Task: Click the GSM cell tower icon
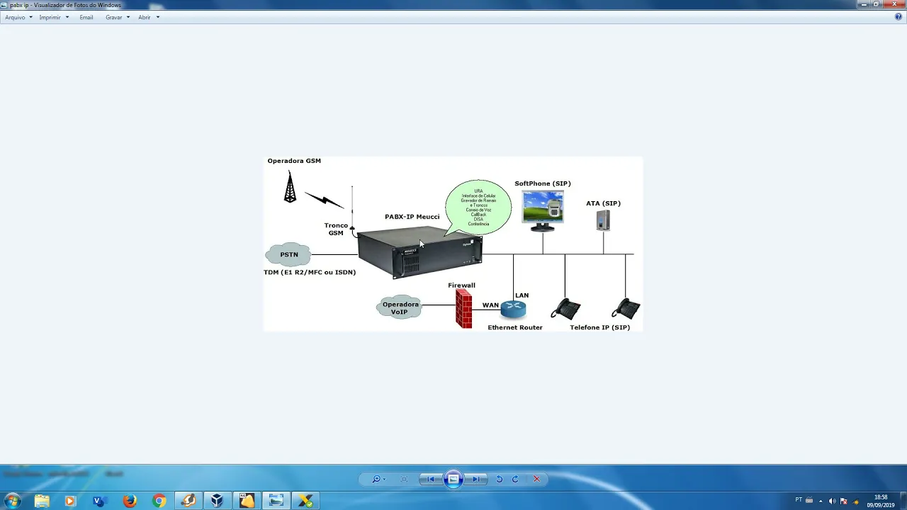290,188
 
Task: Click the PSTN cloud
289,254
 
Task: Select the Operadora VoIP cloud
400,307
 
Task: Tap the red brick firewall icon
464,310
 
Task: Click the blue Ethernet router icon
513,310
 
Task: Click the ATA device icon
603,220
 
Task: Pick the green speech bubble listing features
478,208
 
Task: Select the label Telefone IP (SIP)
599,327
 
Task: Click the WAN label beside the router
490,305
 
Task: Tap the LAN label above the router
522,295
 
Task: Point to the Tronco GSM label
336,229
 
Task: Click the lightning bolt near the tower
325,200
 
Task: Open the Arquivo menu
16,17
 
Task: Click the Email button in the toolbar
86,17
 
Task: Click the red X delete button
536,479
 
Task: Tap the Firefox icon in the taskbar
130,501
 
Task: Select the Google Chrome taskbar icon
159,501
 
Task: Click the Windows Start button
12,501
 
